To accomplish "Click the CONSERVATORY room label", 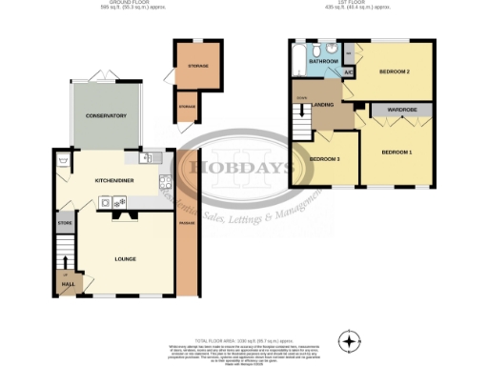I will (x=106, y=116).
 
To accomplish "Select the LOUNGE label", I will (x=125, y=258).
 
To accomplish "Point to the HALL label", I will (x=66, y=284).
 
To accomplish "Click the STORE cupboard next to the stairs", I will (x=65, y=226).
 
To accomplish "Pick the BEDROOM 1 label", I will (x=396, y=152).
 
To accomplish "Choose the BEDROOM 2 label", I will (x=394, y=72).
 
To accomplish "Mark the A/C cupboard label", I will (x=348, y=72).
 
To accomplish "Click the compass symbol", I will (x=351, y=341).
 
